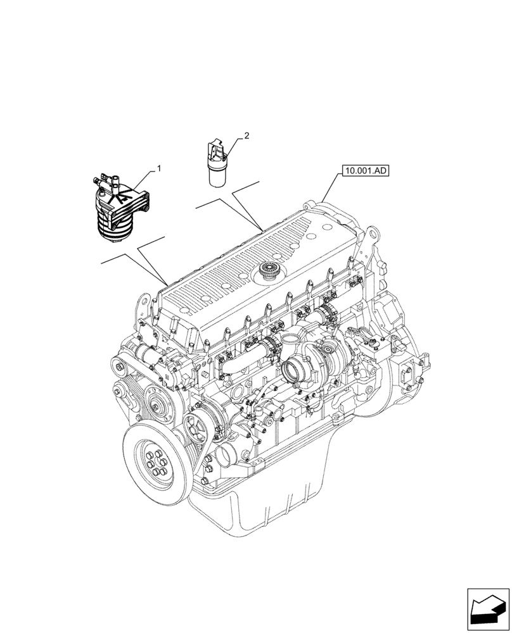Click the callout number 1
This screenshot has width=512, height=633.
coord(159,169)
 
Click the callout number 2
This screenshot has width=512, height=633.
coord(246,135)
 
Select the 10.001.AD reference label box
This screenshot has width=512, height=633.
coord(366,170)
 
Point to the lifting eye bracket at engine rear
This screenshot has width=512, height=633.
coord(368,241)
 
